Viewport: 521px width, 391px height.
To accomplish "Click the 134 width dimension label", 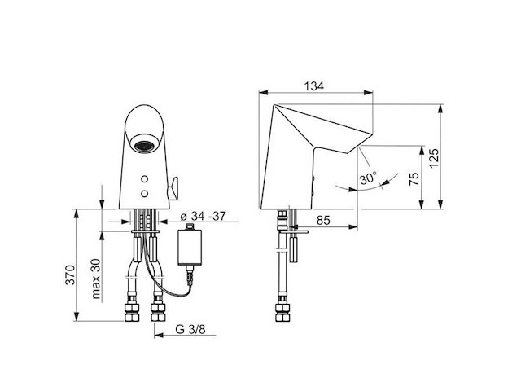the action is (314, 86).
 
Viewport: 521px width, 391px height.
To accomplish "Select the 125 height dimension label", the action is (433, 158).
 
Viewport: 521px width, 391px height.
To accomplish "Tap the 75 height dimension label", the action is (414, 179).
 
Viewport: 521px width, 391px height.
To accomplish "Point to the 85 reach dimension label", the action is (323, 220).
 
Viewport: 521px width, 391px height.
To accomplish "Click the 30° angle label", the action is (368, 178).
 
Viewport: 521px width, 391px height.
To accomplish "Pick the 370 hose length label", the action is (70, 275).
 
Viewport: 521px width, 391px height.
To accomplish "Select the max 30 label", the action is (96, 279).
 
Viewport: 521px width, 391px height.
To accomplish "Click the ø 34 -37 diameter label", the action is (203, 217).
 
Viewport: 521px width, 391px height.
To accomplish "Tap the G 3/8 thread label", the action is (190, 329).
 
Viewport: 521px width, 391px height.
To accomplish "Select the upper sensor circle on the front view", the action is (145, 179).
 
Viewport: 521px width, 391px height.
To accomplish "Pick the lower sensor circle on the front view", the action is (145, 194).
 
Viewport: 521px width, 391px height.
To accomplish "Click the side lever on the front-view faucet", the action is (173, 188).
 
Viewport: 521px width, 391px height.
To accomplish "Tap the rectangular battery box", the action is (190, 244).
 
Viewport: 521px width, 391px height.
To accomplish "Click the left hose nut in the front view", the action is (132, 312).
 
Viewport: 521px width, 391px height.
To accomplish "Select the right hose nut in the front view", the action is (158, 312).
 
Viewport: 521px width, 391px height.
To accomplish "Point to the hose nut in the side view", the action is (282, 312).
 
